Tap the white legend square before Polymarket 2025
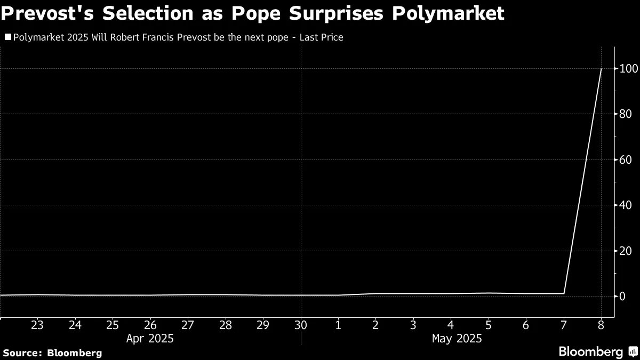pyautogui.click(x=7, y=37)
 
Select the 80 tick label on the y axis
pyautogui.click(x=625, y=114)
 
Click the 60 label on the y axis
pyautogui.click(x=625, y=159)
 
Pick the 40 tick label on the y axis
pyautogui.click(x=625, y=205)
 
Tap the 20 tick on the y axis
pyautogui.click(x=625, y=251)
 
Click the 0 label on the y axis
pyautogui.click(x=622, y=296)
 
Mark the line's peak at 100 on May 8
pyautogui.click(x=602, y=69)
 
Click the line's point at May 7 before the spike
pyautogui.click(x=564, y=293)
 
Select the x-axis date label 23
pyautogui.click(x=37, y=325)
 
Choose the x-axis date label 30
pyautogui.click(x=301, y=325)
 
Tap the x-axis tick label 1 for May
pyautogui.click(x=338, y=325)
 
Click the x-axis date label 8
pyautogui.click(x=602, y=325)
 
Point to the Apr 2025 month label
pyautogui.click(x=150, y=338)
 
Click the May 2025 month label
pyautogui.click(x=457, y=338)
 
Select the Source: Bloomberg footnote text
pyautogui.click(x=52, y=353)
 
